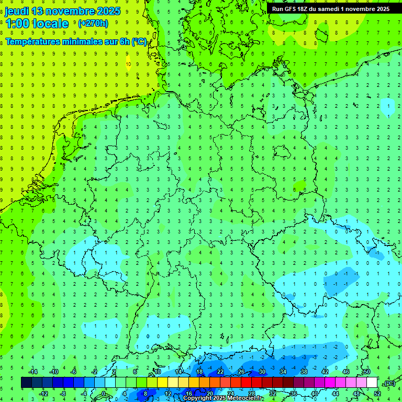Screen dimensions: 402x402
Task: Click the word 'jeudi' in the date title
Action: point(16,12)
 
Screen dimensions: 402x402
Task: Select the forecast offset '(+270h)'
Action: point(93,24)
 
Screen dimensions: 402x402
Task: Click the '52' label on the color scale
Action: point(377,394)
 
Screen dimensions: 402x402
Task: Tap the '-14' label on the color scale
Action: point(32,372)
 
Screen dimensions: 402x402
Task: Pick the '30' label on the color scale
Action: point(262,372)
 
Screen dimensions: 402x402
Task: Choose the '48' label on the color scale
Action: point(356,394)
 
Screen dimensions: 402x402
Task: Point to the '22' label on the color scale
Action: point(220,372)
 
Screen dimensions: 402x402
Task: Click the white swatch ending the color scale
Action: point(372,383)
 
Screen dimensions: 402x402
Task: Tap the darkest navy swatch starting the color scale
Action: point(26,383)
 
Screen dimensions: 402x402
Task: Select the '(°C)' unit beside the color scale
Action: point(388,383)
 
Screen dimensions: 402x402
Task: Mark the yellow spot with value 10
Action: point(128,65)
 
